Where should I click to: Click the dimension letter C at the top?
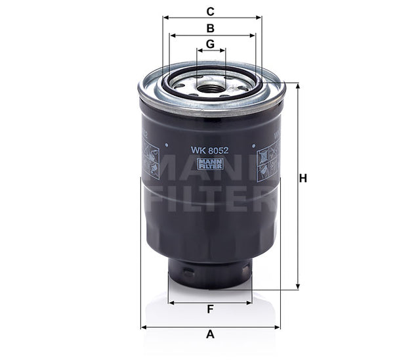coord(211,11)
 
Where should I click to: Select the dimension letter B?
coord(211,28)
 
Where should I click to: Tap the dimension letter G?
coord(211,43)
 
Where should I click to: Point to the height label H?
coord(303,178)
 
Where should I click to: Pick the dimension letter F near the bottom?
coord(210,309)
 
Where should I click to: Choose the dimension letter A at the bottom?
coord(211,334)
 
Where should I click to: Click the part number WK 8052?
coord(205,149)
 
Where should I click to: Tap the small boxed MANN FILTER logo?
coord(208,162)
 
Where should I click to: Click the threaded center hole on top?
coord(211,85)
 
